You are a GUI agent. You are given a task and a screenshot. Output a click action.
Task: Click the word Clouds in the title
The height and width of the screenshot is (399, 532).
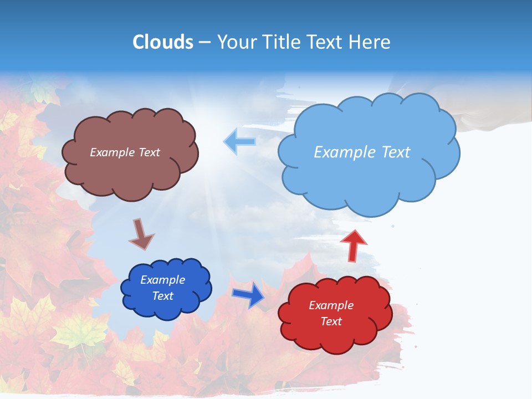point(163,42)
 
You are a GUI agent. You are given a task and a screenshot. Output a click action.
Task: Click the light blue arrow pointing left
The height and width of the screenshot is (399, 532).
point(240,142)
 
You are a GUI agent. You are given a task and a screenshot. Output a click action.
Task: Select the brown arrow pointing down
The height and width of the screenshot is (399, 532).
point(141,234)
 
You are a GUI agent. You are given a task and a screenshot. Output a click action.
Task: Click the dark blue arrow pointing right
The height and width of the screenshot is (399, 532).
point(248,294)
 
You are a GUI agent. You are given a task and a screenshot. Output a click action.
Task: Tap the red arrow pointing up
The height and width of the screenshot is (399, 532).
point(354,244)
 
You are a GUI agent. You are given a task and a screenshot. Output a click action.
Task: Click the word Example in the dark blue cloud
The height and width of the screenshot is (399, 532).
point(163,280)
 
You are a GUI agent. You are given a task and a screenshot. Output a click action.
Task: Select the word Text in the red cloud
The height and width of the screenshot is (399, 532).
point(331,321)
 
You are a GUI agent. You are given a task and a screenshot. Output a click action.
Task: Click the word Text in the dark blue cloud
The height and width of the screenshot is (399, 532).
point(163,296)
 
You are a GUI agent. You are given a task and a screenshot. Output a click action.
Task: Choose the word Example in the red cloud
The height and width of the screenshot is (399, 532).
point(331,305)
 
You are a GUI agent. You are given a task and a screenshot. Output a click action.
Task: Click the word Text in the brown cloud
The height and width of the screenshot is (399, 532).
point(149,152)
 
